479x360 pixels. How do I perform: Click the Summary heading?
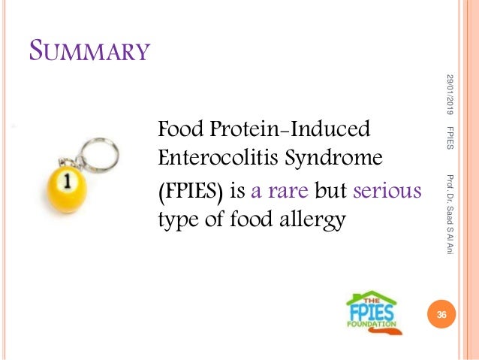click(x=89, y=53)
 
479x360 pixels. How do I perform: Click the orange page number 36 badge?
click(x=441, y=316)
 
